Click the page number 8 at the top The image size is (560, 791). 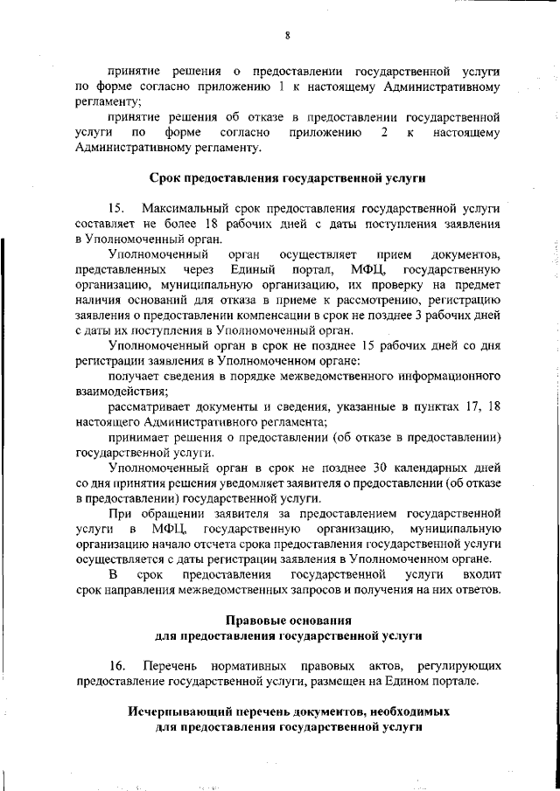(x=286, y=35)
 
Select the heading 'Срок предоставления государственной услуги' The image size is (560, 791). (x=288, y=178)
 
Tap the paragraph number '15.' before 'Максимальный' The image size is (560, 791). (x=117, y=209)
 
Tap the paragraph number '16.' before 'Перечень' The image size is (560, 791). (x=117, y=665)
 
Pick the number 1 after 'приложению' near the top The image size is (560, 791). (x=281, y=87)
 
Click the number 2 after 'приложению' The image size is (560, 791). (x=384, y=133)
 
